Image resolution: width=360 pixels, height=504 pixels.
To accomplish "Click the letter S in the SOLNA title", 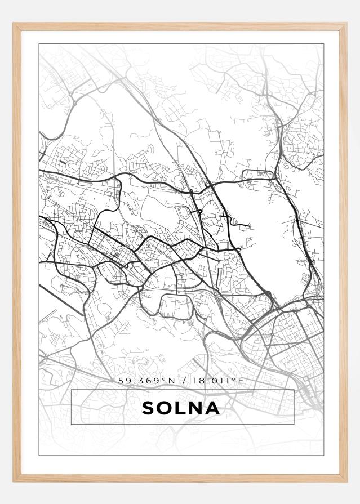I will point(149,408).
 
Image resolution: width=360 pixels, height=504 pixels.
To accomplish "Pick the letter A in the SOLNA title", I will point(212,408).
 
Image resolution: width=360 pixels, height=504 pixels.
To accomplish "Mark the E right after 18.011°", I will point(241,381).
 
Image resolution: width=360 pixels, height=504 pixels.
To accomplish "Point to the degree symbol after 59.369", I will point(163,380).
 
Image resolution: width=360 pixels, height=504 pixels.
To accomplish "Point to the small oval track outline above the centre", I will point(184,212).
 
